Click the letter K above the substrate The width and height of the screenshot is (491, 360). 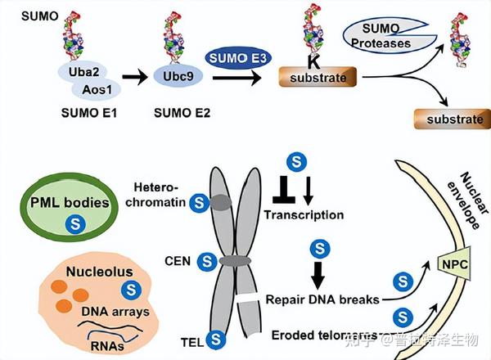(x=313, y=62)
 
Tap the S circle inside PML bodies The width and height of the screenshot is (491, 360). (x=75, y=222)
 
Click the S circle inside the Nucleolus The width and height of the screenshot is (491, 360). (x=129, y=288)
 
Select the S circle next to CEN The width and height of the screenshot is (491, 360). (x=207, y=262)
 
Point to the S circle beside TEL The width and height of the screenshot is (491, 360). (x=216, y=336)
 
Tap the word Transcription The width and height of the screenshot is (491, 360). (x=303, y=215)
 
